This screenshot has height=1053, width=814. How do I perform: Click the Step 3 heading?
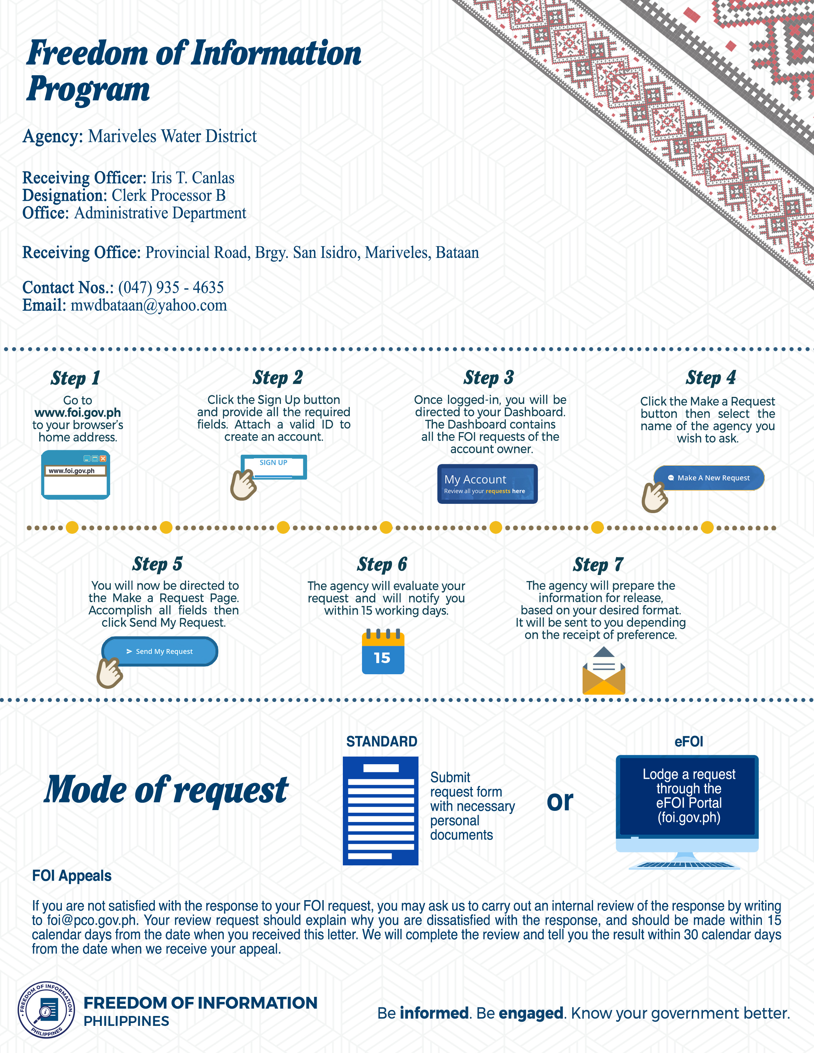488,377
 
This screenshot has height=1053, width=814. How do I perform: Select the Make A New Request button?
709,478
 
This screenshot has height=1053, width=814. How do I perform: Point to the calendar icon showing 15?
383,652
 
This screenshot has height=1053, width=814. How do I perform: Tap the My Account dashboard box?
487,484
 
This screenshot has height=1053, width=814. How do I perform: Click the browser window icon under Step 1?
76,475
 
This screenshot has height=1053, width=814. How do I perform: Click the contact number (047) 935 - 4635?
171,288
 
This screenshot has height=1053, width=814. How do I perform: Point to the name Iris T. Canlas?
192,178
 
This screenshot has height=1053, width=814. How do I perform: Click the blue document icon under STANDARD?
381,810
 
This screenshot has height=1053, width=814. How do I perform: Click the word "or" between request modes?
560,801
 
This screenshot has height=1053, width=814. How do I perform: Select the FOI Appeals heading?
72,876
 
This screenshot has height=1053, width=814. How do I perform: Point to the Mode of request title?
166,790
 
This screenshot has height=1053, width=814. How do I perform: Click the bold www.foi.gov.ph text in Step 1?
78,413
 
